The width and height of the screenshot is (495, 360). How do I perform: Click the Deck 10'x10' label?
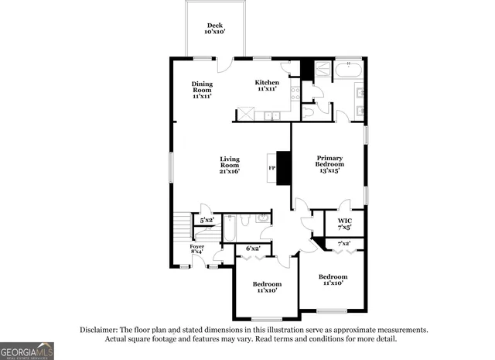click(214, 29)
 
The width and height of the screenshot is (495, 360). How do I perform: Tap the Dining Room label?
click(203, 89)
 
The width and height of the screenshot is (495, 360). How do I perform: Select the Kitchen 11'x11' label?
click(267, 85)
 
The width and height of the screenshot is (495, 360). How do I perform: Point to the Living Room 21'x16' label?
click(230, 164)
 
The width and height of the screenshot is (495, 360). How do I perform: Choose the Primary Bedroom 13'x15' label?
click(329, 164)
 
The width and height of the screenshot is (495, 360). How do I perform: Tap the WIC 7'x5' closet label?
click(344, 224)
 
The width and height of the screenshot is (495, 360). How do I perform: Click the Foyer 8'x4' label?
click(197, 249)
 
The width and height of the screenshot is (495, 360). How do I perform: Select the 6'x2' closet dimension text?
click(253, 249)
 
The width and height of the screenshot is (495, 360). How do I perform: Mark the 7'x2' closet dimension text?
click(344, 244)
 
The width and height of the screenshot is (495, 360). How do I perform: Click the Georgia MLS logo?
click(27, 350)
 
